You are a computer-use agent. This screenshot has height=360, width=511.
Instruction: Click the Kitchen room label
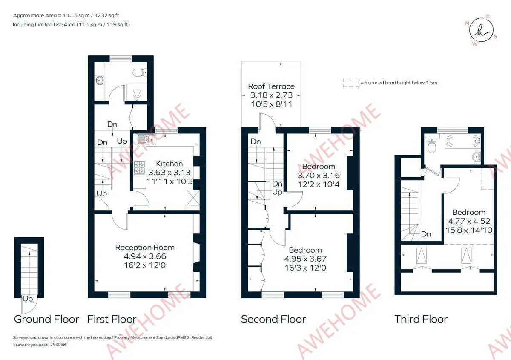[x=169, y=164]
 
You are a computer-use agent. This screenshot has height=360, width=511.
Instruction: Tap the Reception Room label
[x=145, y=247]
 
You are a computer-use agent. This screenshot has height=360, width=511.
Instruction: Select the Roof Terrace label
[x=271, y=86]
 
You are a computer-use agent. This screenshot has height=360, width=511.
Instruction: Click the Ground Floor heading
[x=46, y=319]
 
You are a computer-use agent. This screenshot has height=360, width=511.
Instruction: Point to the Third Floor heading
[x=421, y=319]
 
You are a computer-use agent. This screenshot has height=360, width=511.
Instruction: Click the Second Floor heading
[x=273, y=319]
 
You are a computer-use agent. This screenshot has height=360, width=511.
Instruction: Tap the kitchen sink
[x=146, y=139]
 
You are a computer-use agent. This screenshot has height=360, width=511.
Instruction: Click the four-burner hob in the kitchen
[x=139, y=168]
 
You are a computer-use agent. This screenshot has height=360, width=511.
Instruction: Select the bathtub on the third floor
[x=462, y=141]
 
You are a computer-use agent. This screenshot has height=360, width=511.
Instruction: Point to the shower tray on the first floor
[x=137, y=92]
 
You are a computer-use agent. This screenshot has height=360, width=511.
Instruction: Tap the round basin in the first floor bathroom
[x=100, y=80]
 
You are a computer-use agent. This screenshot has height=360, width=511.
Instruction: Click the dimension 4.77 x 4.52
[x=469, y=221]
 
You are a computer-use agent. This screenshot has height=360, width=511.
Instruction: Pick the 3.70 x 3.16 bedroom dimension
[x=319, y=176]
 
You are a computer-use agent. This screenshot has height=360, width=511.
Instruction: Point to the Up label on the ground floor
[x=28, y=299]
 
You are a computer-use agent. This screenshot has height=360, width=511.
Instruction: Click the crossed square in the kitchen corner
[x=193, y=200]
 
